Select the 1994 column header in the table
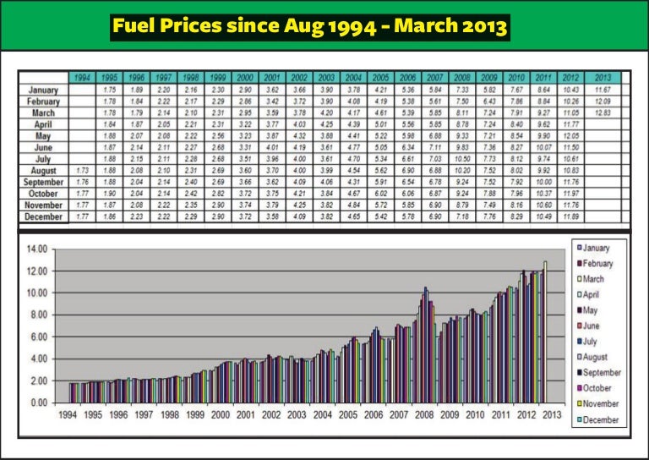83,78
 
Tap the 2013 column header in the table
603,78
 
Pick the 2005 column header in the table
380,78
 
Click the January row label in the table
42,89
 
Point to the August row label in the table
42,171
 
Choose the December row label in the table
42,217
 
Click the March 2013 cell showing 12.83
603,112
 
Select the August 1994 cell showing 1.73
83,171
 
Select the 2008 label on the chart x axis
423,416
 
